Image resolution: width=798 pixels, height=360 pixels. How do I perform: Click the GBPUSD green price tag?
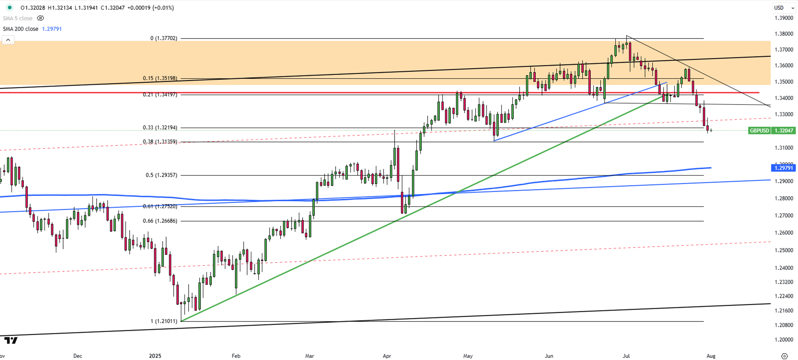point(771,131)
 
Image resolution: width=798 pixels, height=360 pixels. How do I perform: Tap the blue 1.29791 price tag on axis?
point(783,168)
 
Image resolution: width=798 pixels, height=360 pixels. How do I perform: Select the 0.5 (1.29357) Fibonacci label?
point(161,175)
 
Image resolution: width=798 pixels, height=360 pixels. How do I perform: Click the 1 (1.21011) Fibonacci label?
point(164,321)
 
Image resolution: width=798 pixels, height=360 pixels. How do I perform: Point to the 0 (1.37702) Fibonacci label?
point(164,38)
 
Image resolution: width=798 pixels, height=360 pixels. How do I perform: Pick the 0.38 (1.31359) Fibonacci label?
point(160,142)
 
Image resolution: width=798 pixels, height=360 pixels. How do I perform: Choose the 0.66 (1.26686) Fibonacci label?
point(160,221)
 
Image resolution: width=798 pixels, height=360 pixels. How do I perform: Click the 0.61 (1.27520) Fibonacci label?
point(160,207)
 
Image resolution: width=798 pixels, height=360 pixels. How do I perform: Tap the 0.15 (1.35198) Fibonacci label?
point(160,78)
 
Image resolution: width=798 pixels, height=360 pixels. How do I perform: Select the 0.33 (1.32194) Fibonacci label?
point(160,128)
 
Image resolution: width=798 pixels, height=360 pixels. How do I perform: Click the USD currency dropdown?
point(783,8)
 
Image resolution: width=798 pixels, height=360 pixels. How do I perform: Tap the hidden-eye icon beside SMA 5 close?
point(40,18)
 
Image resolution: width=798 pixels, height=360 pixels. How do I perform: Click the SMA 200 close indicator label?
point(21,29)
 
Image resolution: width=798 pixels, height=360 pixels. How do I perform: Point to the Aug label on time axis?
point(711,356)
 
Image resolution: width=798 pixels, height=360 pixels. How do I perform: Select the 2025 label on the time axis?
point(155,356)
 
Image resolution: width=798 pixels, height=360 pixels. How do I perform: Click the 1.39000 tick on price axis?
point(784,18)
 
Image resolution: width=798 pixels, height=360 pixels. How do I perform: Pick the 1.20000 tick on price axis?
point(784,340)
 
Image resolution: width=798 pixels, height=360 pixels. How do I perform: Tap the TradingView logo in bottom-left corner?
point(11,340)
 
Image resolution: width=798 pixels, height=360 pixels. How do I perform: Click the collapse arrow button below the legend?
point(8,40)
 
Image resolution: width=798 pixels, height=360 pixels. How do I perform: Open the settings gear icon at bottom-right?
point(784,356)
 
